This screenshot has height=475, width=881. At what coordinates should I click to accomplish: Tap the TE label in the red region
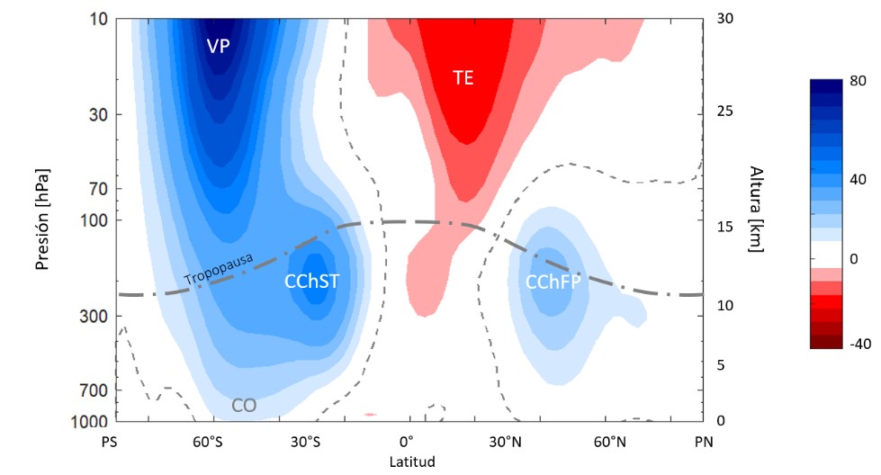(x=463, y=78)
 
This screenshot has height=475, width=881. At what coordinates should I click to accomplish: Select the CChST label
(x=312, y=282)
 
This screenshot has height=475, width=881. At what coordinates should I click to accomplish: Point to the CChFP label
(x=553, y=282)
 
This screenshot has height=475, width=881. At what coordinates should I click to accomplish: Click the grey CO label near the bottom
(x=244, y=406)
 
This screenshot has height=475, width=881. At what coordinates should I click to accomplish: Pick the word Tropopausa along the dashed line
(x=219, y=271)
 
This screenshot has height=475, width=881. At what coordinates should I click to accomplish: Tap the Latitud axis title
(x=412, y=462)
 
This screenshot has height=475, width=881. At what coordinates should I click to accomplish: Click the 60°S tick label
(x=208, y=443)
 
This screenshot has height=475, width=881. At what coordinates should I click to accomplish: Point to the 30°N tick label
(x=506, y=443)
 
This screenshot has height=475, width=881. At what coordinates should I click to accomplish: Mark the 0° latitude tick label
(x=406, y=443)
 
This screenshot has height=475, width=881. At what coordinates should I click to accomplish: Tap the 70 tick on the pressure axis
(x=98, y=190)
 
